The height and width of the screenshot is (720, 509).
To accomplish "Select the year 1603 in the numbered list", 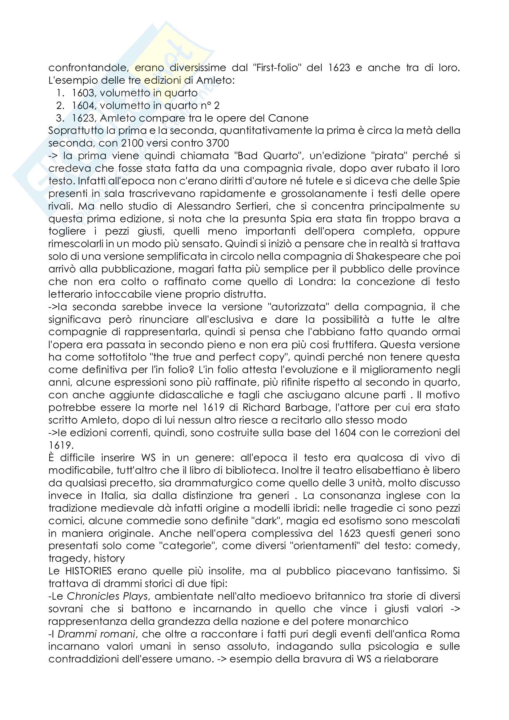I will pyautogui.click(x=83, y=93).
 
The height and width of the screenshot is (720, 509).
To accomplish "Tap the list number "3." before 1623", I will pyautogui.click(x=60, y=118).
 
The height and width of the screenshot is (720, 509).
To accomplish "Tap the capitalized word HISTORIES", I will pyautogui.click(x=88, y=571).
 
